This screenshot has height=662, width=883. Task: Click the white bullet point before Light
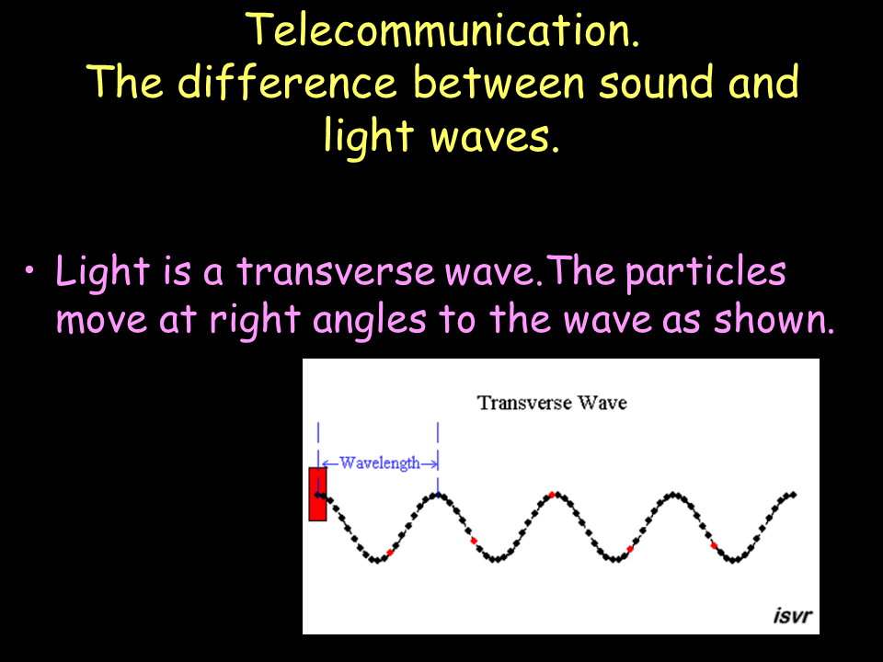tap(29, 270)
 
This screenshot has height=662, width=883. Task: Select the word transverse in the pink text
tap(336, 271)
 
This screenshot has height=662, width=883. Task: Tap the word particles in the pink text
tap(705, 272)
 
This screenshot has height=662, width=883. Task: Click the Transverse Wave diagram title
tap(552, 403)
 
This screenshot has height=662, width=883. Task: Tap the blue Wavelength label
tap(380, 463)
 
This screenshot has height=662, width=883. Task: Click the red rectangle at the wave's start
tap(317, 494)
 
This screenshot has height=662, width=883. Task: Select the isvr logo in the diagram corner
tap(792, 615)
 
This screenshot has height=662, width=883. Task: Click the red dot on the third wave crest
tap(553, 495)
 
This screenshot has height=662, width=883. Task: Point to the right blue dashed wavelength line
tap(438, 459)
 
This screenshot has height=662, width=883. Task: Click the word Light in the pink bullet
tap(102, 272)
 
